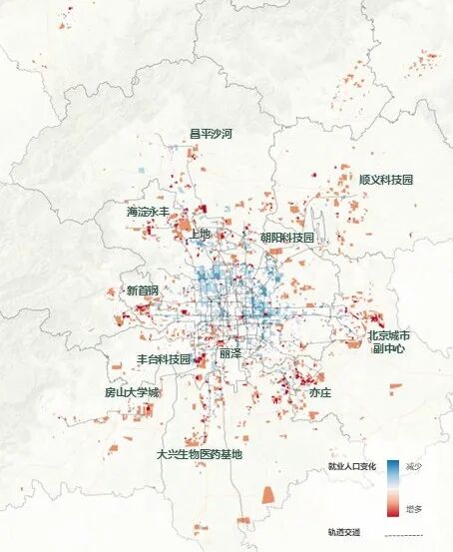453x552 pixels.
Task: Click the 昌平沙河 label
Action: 211,133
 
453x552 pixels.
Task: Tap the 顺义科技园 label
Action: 385,180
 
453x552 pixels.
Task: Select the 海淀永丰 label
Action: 148,212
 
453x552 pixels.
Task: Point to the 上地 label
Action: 200,234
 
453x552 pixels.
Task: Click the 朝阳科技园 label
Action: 286,238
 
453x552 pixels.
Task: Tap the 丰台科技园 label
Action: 163,358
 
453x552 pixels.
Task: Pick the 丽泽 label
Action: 229,353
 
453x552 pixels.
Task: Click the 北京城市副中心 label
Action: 390,342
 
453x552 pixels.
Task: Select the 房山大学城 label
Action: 132,392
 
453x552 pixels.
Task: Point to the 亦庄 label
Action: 319,393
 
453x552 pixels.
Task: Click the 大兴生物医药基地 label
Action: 199,454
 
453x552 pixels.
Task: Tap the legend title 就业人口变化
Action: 352,467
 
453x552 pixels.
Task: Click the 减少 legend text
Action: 414,468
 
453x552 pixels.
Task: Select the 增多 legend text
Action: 414,509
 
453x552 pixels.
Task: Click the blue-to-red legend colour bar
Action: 393,488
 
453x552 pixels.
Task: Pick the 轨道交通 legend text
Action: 343,534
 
